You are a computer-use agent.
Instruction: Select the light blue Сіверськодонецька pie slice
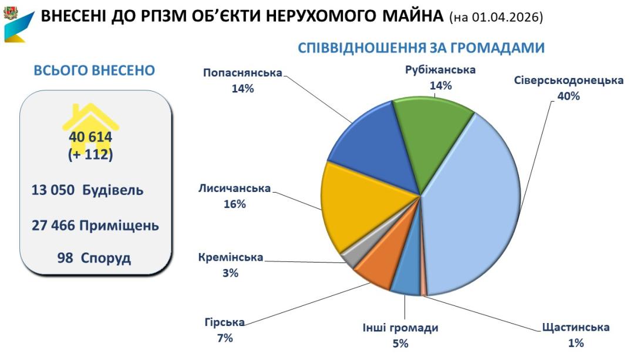(476, 211)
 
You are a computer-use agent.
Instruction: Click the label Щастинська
(575, 327)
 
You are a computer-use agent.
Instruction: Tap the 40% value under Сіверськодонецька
(568, 96)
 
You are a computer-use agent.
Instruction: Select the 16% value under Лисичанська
(234, 204)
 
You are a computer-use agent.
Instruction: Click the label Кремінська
(231, 258)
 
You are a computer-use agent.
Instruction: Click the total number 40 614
(90, 137)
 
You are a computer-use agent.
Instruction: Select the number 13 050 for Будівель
(53, 191)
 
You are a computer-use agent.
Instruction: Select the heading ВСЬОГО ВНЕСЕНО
(95, 70)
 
